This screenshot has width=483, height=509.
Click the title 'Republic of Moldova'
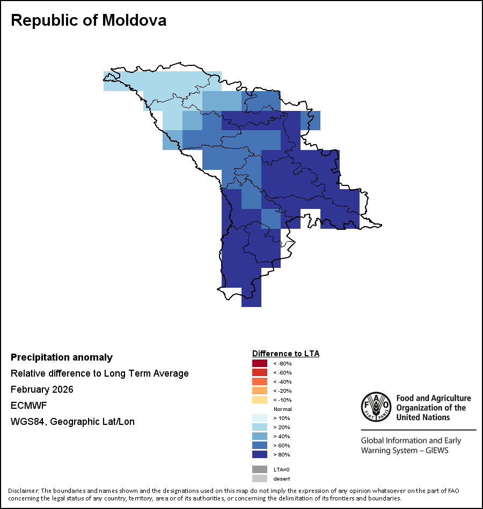point(89,20)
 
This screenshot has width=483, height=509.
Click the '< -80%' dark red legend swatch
point(260,364)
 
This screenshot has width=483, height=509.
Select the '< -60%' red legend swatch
point(260,373)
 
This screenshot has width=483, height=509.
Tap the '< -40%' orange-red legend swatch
point(260,382)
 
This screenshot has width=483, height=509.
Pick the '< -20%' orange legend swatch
point(260,391)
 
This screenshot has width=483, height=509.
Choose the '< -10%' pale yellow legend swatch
point(260,400)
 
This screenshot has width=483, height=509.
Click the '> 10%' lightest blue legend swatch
point(260,418)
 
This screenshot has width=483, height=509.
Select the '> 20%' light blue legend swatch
point(260,428)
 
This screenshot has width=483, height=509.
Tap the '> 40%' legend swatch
point(260,437)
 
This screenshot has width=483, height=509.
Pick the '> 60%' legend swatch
point(260,446)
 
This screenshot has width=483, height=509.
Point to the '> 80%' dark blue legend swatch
point(260,455)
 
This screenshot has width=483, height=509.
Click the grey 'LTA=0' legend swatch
point(260,469)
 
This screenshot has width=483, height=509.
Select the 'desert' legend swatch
point(260,478)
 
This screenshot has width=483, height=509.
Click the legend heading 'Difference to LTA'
point(286,354)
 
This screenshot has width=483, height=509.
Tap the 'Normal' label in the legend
point(282,409)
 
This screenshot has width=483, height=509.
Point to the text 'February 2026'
point(42,390)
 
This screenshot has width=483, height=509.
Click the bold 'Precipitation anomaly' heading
point(62,357)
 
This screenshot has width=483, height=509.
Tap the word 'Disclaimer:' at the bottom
point(23,491)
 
